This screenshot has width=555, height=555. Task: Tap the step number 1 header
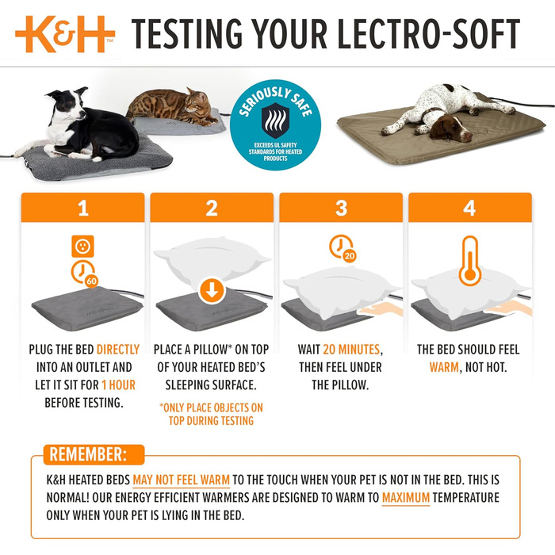coord(82,209)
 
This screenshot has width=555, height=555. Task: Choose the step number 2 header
coord(212,209)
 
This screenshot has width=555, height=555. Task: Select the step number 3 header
coord(341,209)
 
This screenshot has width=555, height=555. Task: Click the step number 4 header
coord(469,209)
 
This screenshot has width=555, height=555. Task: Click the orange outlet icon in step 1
coord(83,246)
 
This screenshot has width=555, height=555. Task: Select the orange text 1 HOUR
coord(117,385)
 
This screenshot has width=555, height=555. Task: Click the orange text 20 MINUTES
coord(352,349)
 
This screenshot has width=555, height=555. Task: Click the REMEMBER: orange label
coord(87,455)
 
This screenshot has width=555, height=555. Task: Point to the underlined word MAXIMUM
coord(406,498)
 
